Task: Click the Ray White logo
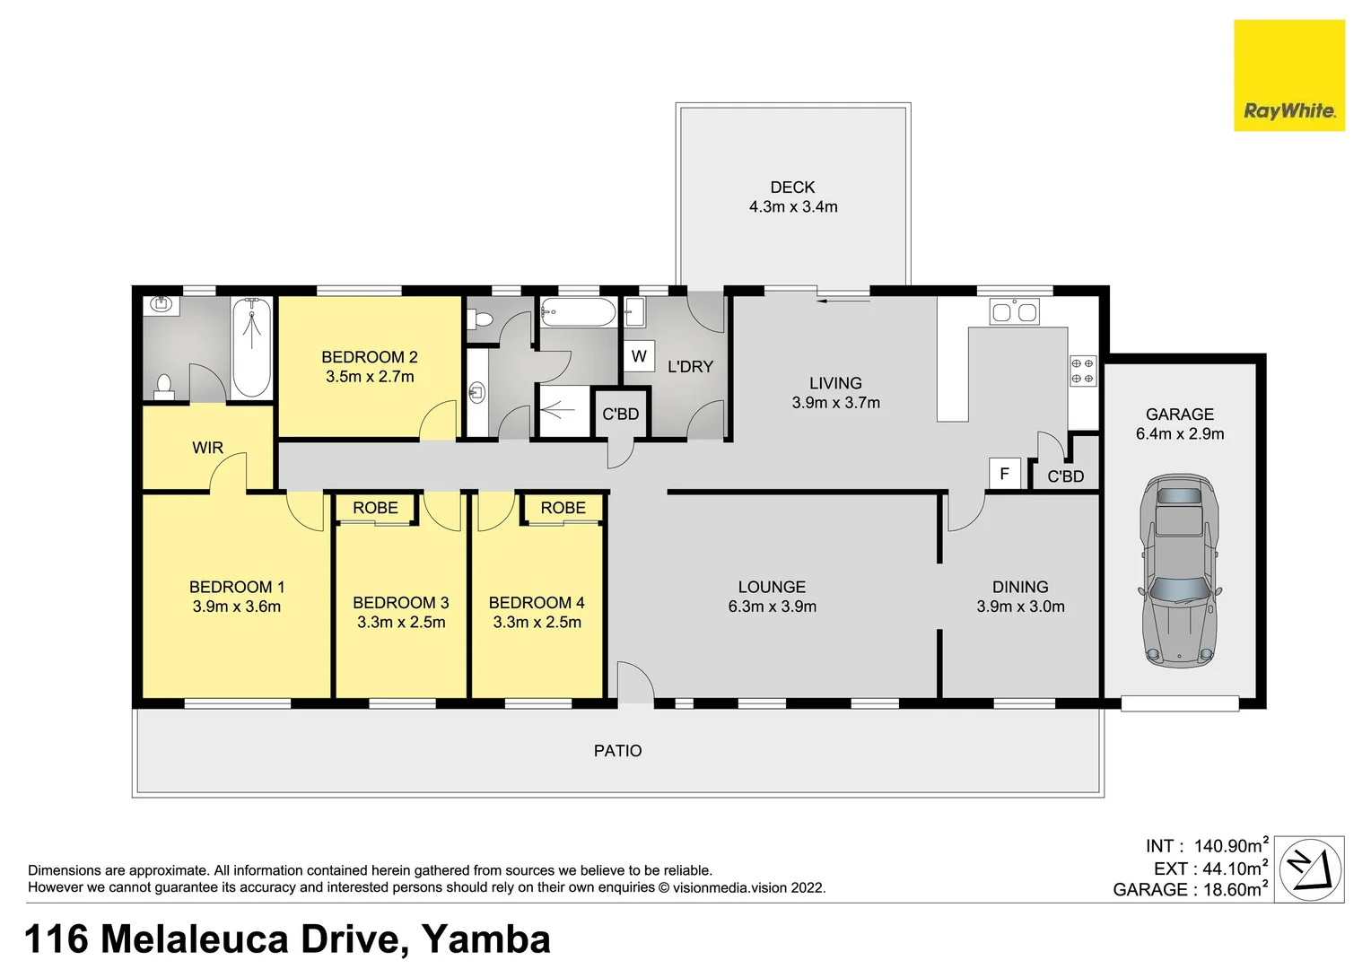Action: tap(1288, 76)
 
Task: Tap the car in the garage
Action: tap(1179, 571)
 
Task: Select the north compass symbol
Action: tap(1310, 869)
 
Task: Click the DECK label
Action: tap(792, 188)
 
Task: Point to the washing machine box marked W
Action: tap(639, 356)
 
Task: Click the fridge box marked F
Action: tap(1004, 473)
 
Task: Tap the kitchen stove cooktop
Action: tap(1082, 371)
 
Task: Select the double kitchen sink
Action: tap(1014, 312)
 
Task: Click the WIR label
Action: tap(207, 448)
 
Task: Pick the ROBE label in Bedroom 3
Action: tap(375, 508)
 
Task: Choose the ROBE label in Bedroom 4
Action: tap(563, 508)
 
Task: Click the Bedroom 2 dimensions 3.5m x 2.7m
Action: tap(370, 377)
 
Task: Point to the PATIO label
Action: tap(617, 751)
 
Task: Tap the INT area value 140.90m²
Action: tap(1230, 846)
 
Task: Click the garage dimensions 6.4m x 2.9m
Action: tap(1179, 434)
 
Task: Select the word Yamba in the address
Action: tap(485, 939)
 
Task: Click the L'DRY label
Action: tap(690, 367)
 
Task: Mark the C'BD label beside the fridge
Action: tap(1065, 476)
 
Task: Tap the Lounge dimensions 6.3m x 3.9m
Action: tap(772, 607)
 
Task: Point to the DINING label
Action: tap(1020, 587)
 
